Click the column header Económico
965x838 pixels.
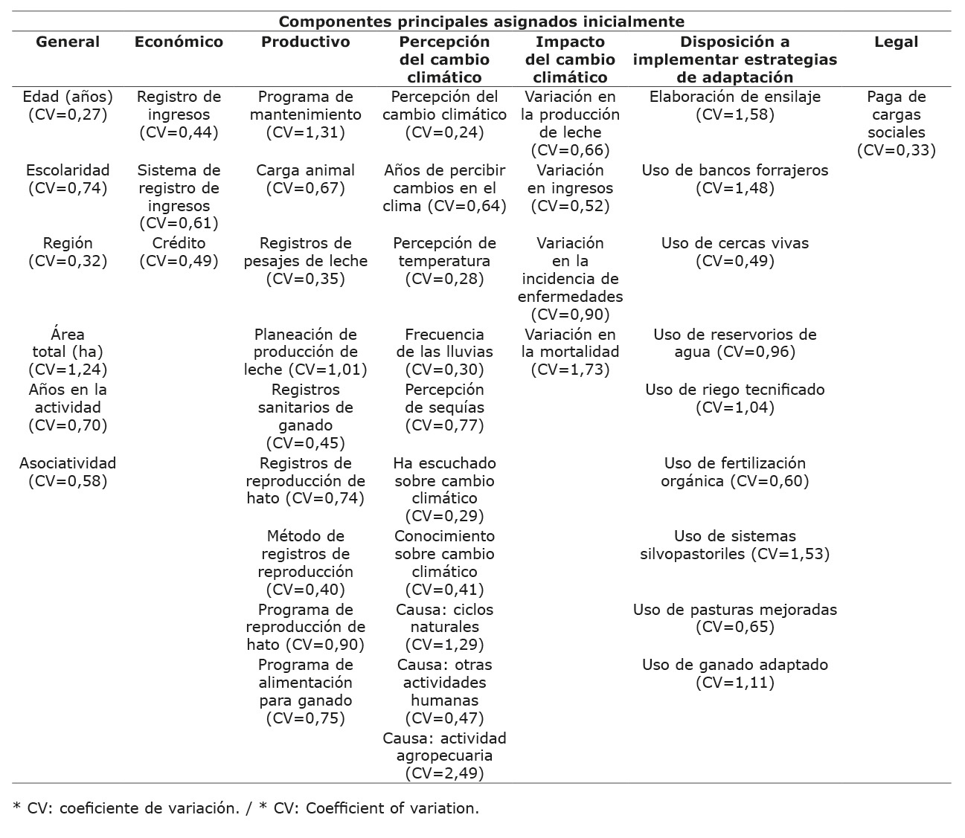coord(179,42)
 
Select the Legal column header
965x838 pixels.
coord(896,42)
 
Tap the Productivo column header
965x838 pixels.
coord(305,42)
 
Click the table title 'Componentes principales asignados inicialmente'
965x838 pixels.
coord(481,22)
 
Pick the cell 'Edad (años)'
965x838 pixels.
coord(68,105)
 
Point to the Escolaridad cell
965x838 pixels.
coord(68,178)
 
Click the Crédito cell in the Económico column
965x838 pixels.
coord(179,251)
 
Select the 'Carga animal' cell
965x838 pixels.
coord(305,178)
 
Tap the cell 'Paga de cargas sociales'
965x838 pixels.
coord(896,123)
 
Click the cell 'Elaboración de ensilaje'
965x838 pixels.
coord(734,105)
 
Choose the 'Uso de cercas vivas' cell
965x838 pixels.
coord(734,251)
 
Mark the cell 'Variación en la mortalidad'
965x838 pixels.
coord(570,351)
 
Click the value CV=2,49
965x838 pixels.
coord(444,773)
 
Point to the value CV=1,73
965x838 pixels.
coord(570,370)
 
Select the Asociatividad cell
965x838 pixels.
coord(68,471)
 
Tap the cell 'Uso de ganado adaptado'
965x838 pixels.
coord(734,673)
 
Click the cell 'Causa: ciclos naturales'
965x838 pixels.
coord(444,626)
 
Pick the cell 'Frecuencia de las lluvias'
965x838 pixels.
coord(444,351)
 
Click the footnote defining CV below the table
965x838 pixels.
coord(246,808)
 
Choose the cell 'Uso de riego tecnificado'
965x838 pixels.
coord(734,398)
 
